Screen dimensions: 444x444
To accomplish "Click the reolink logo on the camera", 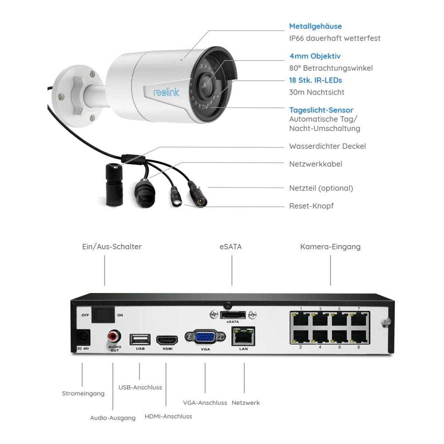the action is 166,92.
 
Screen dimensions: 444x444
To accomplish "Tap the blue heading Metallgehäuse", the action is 315,26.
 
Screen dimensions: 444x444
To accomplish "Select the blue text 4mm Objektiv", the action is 315,56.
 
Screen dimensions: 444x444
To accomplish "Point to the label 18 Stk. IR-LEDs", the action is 315,80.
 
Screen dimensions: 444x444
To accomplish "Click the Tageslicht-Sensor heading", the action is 321,110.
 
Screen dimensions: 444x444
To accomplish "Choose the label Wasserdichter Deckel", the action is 327,146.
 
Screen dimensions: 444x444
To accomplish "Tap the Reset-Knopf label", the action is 311,206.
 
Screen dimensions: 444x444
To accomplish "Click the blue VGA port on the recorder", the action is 205,337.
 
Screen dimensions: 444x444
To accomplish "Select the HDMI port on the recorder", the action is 167,340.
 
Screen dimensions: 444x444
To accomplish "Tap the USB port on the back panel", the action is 140,339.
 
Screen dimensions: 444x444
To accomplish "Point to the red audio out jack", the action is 114,337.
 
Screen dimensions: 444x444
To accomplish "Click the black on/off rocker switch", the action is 103,315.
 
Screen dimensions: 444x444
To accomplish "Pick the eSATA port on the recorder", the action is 233,315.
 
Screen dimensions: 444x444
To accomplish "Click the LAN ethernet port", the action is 243,337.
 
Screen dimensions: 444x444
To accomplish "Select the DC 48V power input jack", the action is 83,337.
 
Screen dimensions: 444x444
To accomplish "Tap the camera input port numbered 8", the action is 359,337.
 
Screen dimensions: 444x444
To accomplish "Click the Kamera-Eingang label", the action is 330,246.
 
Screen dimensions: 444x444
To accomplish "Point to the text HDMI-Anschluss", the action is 168,416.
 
